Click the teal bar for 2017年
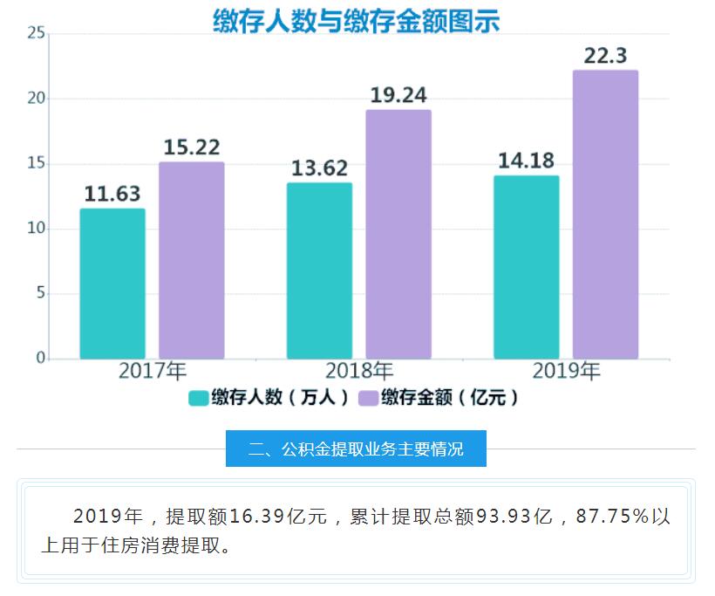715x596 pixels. [112, 284]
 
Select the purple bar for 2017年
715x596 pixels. [191, 260]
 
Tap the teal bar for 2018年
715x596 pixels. [319, 271]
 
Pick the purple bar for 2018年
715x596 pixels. [398, 234]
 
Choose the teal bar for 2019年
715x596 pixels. [526, 267]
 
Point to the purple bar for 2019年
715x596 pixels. [605, 215]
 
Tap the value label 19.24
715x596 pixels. [398, 95]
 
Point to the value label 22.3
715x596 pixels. [605, 56]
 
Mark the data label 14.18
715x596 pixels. [526, 161]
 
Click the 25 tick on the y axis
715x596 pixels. [37, 33]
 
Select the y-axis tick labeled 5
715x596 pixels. [40, 293]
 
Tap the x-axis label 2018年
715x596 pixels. [358, 372]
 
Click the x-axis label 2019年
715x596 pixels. [566, 372]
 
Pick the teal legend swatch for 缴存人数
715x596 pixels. [198, 398]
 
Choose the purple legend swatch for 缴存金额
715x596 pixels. [367, 398]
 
